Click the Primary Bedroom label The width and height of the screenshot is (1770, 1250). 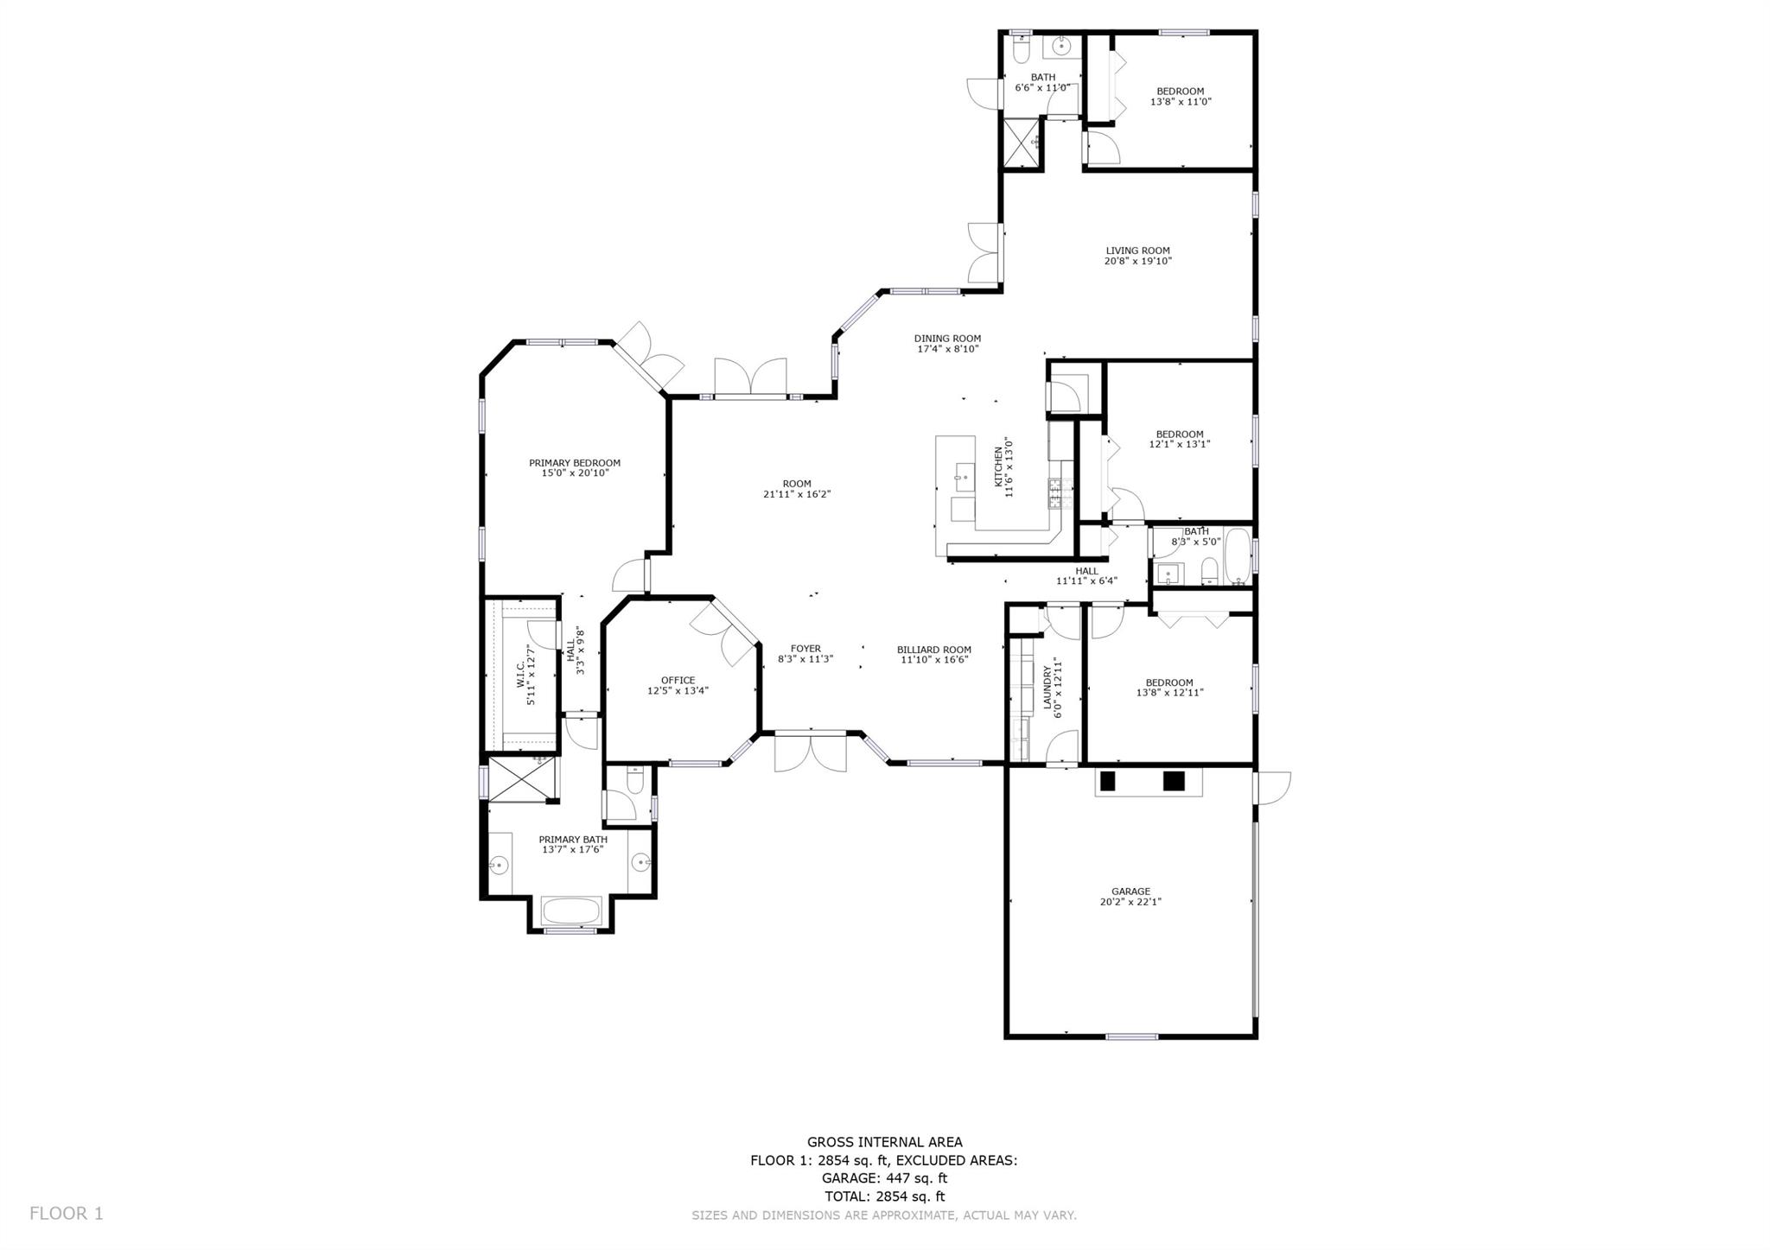tap(575, 463)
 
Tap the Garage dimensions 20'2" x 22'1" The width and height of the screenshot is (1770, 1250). tap(1130, 902)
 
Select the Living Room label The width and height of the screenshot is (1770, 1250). tap(1137, 251)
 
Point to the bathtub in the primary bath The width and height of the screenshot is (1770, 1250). tap(571, 911)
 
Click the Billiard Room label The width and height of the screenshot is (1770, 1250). tap(933, 650)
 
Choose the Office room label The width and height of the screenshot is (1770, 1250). tap(678, 681)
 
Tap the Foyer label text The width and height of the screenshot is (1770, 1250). tap(805, 649)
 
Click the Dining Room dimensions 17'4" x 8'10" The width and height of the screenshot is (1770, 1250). tap(947, 349)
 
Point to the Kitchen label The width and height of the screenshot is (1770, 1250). tap(998, 466)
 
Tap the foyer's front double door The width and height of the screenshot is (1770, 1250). tap(810, 750)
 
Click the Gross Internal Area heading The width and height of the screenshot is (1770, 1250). tap(884, 1142)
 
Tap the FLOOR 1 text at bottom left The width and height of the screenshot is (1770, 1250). tap(66, 1214)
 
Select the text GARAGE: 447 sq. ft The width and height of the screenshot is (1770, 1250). tap(884, 1178)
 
